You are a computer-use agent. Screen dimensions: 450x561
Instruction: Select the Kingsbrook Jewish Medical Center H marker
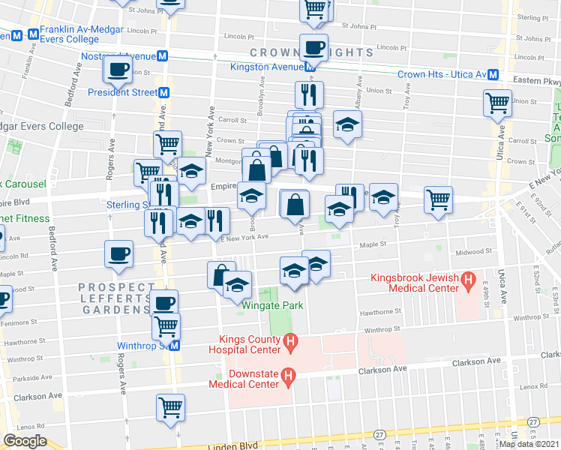coord(469,283)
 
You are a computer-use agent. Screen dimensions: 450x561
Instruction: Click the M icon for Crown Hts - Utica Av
coord(493,75)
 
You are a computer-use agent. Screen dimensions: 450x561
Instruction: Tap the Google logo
coord(25,441)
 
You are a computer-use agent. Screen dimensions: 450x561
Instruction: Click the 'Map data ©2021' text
coord(529,443)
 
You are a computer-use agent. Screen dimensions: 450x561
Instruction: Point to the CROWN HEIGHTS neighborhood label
coord(311,52)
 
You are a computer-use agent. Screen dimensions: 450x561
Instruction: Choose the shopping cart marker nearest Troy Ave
coord(438,199)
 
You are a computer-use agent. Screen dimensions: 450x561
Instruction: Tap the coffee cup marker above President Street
coord(118,70)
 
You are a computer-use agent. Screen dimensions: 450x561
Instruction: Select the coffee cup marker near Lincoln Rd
coord(118,253)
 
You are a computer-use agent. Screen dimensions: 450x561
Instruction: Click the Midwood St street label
coord(477,252)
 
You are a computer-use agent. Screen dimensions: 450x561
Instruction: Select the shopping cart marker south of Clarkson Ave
coord(171,407)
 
